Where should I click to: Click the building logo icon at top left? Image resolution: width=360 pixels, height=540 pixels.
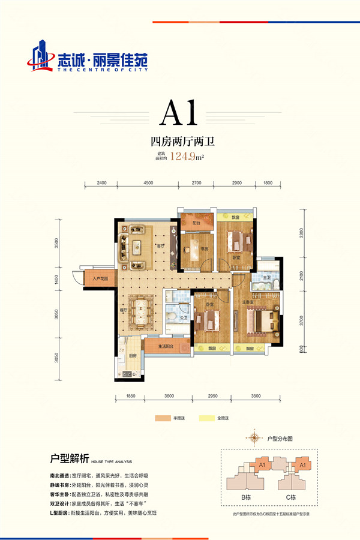[x=39, y=54]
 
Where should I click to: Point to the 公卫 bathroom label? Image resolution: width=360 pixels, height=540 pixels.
[x=178, y=318]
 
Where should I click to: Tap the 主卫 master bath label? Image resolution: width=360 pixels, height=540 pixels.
[x=267, y=278]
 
